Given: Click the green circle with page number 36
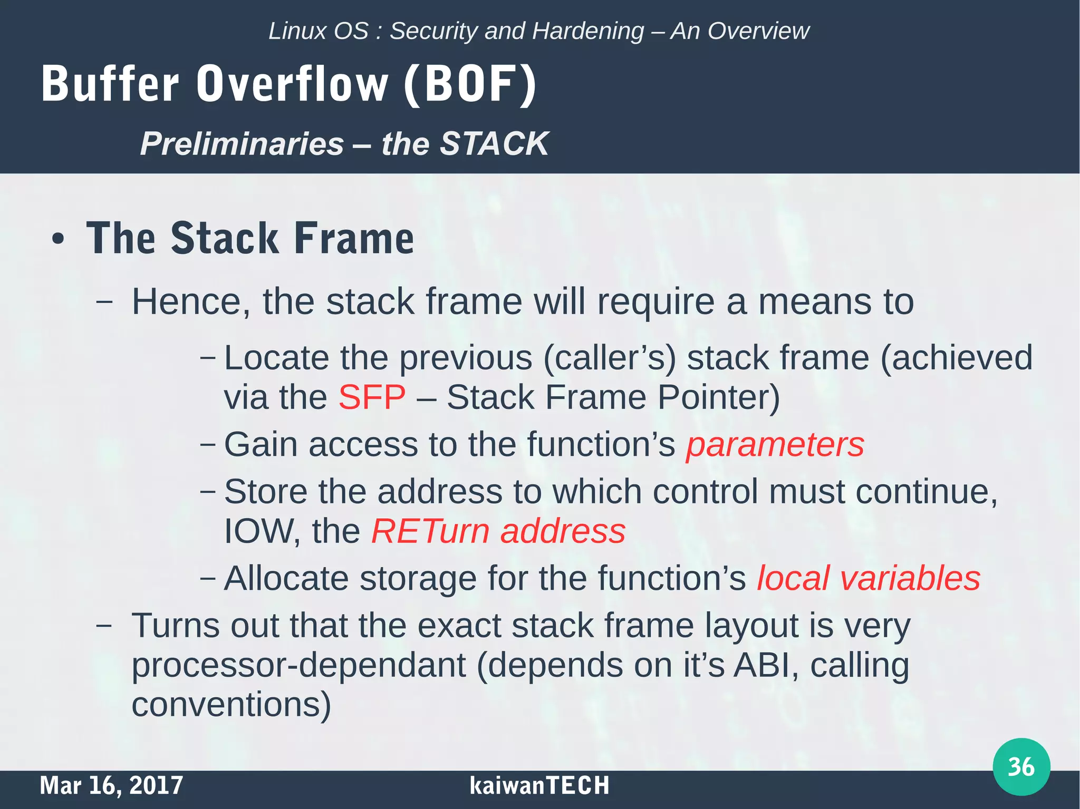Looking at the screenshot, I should [x=1021, y=766].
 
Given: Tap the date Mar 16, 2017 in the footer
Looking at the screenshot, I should [x=111, y=785].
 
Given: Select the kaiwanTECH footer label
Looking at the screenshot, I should [x=539, y=785].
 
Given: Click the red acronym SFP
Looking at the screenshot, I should [x=372, y=397].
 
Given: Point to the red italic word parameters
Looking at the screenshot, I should [x=775, y=444].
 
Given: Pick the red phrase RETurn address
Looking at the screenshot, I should [x=498, y=531].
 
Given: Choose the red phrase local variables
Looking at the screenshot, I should [x=868, y=578].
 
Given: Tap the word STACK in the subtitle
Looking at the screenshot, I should [x=494, y=143].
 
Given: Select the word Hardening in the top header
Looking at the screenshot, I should [x=587, y=31].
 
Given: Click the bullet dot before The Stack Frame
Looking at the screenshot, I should [x=58, y=239].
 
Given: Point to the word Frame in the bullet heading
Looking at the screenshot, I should [x=354, y=238].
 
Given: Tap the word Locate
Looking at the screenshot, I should [x=277, y=358].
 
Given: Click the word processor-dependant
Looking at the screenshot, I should [x=298, y=666].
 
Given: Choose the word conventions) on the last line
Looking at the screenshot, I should [x=231, y=705].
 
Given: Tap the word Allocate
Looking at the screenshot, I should [x=286, y=578].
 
